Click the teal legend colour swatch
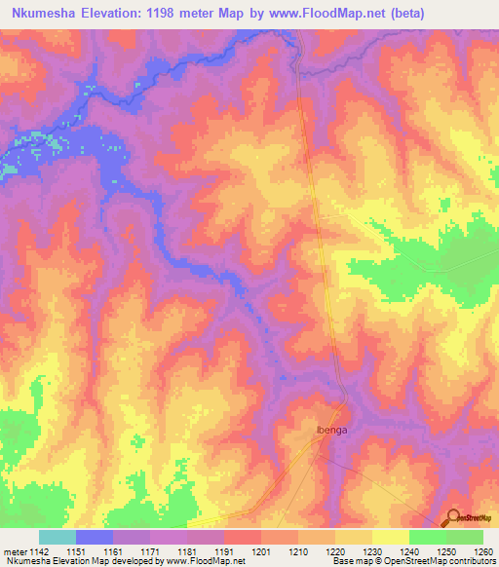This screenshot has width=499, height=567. click(58, 537)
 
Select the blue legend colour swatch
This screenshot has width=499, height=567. click(95, 537)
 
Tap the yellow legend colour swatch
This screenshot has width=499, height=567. click(390, 537)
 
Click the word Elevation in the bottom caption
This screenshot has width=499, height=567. click(73, 561)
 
